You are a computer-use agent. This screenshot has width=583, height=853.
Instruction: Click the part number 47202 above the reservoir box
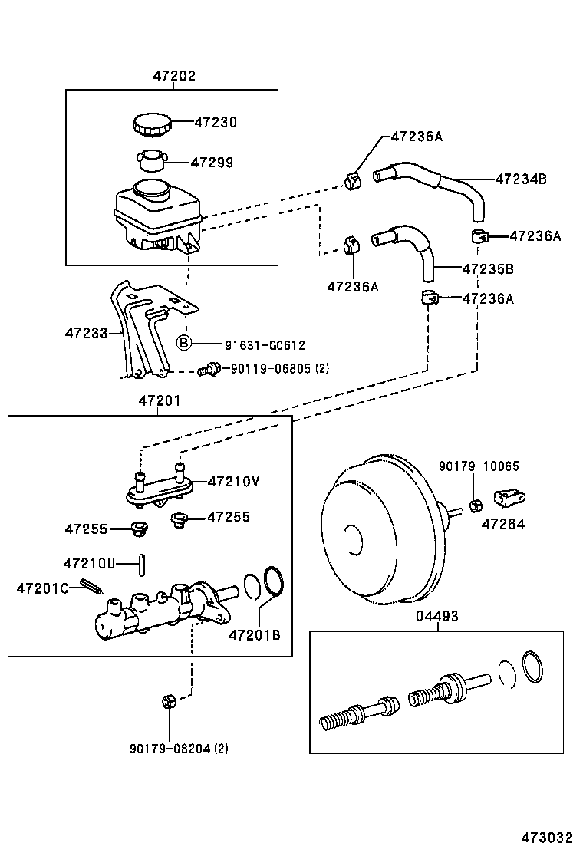173,76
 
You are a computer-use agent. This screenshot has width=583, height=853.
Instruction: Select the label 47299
212,163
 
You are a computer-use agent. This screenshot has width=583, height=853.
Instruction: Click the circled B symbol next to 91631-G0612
185,344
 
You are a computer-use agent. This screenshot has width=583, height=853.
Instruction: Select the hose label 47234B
520,179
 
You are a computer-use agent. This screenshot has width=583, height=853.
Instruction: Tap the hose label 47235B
487,269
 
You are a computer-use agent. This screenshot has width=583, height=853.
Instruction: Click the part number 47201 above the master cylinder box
159,401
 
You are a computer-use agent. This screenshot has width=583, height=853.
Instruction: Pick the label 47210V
233,482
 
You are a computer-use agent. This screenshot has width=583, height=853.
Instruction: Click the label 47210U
89,563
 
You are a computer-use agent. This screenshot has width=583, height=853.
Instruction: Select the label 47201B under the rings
255,634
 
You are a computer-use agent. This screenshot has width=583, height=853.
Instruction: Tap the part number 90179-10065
468,466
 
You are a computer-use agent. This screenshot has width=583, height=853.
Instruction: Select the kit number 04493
437,616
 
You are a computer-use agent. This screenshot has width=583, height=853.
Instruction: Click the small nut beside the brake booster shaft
475,504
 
